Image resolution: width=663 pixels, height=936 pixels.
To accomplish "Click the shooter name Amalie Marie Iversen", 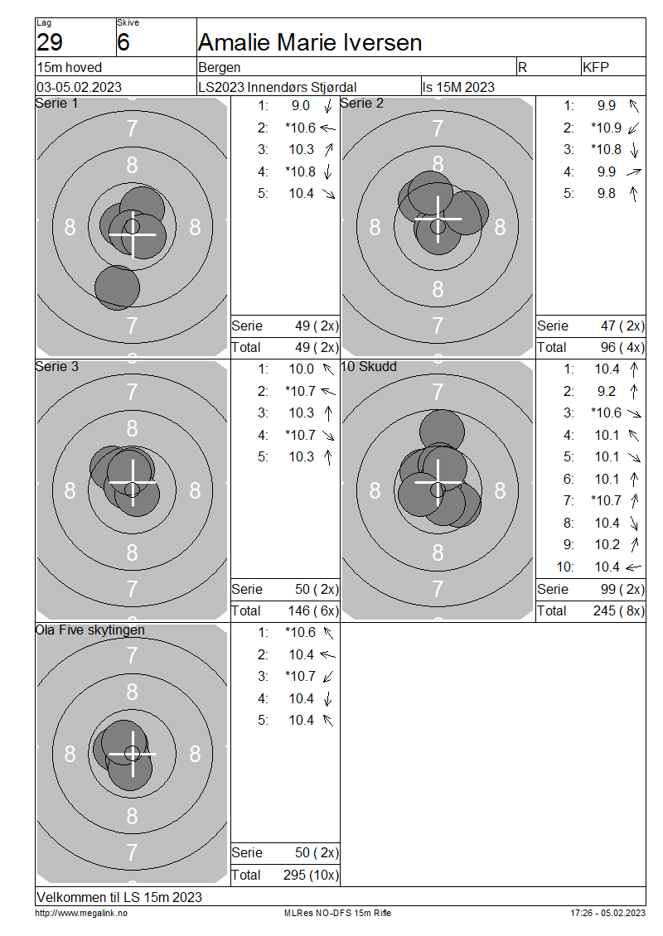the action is click(310, 42).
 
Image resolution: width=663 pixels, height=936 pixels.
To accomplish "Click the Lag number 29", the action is click(50, 42).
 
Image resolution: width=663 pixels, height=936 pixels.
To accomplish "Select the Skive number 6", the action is click(123, 42).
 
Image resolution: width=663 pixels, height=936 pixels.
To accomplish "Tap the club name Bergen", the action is click(220, 67).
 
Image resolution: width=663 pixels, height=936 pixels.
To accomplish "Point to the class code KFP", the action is click(596, 67).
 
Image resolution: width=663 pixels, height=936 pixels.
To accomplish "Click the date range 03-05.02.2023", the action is click(79, 87).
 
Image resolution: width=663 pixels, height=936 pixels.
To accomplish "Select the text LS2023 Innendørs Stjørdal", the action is click(277, 87).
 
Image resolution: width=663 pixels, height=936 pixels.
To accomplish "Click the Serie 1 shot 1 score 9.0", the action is click(301, 106).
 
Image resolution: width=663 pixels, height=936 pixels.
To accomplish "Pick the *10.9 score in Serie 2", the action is click(606, 128).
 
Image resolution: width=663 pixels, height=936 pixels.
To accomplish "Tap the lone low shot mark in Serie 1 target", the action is click(117, 287).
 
